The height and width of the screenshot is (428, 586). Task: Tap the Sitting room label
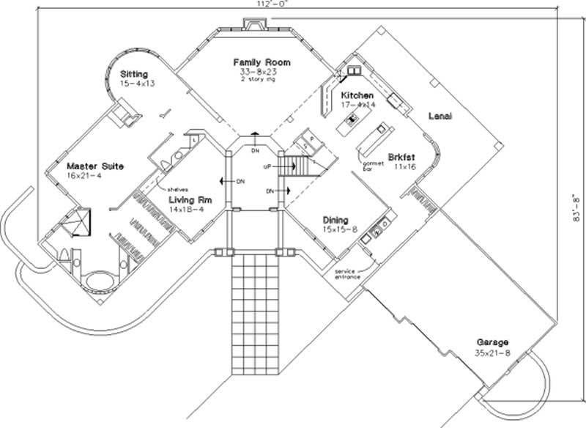[x=134, y=74]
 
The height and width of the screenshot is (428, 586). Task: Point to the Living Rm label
[x=190, y=199]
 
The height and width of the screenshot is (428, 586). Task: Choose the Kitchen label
[x=357, y=96]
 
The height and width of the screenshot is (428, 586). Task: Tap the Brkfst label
[x=400, y=158]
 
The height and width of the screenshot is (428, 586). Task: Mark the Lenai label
[x=440, y=117]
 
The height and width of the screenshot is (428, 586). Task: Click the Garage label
[x=492, y=342]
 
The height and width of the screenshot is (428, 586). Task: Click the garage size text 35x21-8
[x=492, y=353]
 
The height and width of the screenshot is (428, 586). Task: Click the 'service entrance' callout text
[x=348, y=274]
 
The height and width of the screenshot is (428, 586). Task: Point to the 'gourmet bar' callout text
[x=373, y=165]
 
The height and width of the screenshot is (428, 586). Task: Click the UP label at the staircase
[x=268, y=167]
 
